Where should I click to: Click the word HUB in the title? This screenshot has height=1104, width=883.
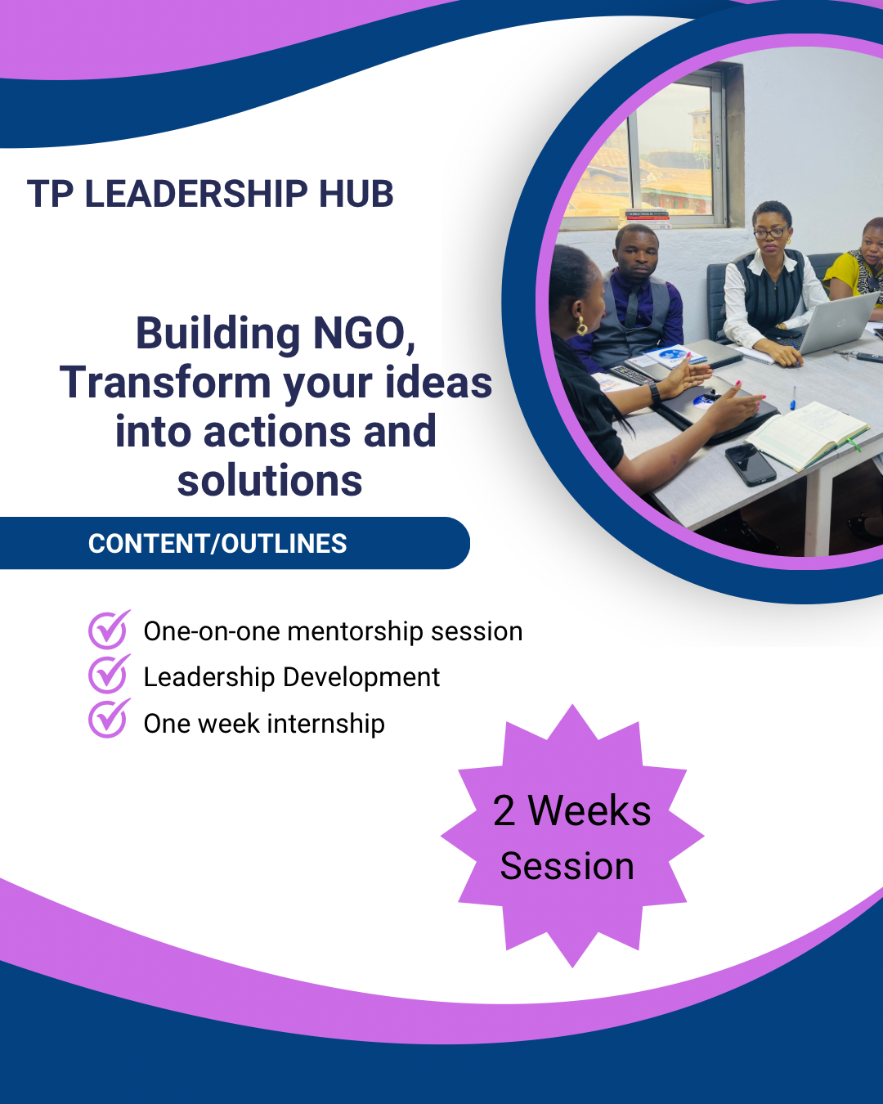pos(356,194)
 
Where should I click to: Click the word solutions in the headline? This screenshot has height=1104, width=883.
pos(270,480)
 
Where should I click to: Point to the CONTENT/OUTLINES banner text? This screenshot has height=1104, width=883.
pos(217,544)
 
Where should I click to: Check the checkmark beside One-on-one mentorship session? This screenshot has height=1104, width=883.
pos(109,629)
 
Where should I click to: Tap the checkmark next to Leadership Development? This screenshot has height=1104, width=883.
pos(109,674)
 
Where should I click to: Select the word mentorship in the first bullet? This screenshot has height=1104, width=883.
pos(355,632)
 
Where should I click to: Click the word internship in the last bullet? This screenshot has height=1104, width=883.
pos(325,724)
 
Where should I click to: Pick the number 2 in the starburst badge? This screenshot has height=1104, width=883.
pos(504,811)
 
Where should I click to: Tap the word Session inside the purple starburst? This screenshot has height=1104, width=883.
pos(567,867)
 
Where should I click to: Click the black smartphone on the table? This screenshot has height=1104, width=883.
pos(751,464)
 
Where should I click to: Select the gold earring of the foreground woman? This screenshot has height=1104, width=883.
pos(582,326)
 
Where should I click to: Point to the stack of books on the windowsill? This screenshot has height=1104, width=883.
pos(648,219)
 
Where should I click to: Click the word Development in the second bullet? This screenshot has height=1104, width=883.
pos(361,678)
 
